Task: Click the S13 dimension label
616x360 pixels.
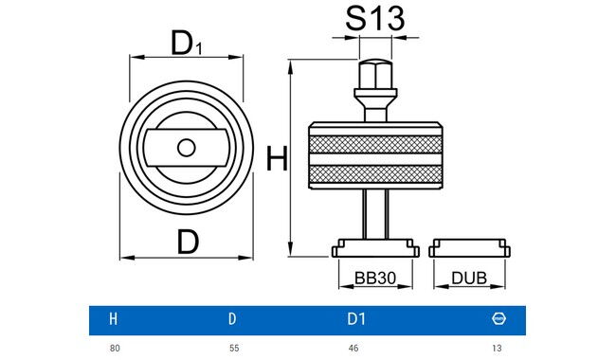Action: pyautogui.click(x=374, y=17)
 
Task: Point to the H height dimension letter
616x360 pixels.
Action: pyautogui.click(x=275, y=159)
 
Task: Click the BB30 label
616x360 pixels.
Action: pyautogui.click(x=375, y=279)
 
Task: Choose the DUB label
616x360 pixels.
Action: pyautogui.click(x=469, y=279)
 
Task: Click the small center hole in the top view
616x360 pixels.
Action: pyautogui.click(x=187, y=147)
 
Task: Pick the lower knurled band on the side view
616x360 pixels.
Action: pyautogui.click(x=375, y=174)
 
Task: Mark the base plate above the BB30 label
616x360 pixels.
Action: pyautogui.click(x=375, y=250)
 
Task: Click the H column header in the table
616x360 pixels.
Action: pyautogui.click(x=114, y=320)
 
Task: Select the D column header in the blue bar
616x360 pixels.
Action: pyautogui.click(x=233, y=320)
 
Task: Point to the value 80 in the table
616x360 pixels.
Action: pyautogui.click(x=115, y=349)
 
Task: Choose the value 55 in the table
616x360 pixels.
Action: pyautogui.click(x=234, y=349)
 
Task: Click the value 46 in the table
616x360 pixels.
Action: pyautogui.click(x=353, y=349)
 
